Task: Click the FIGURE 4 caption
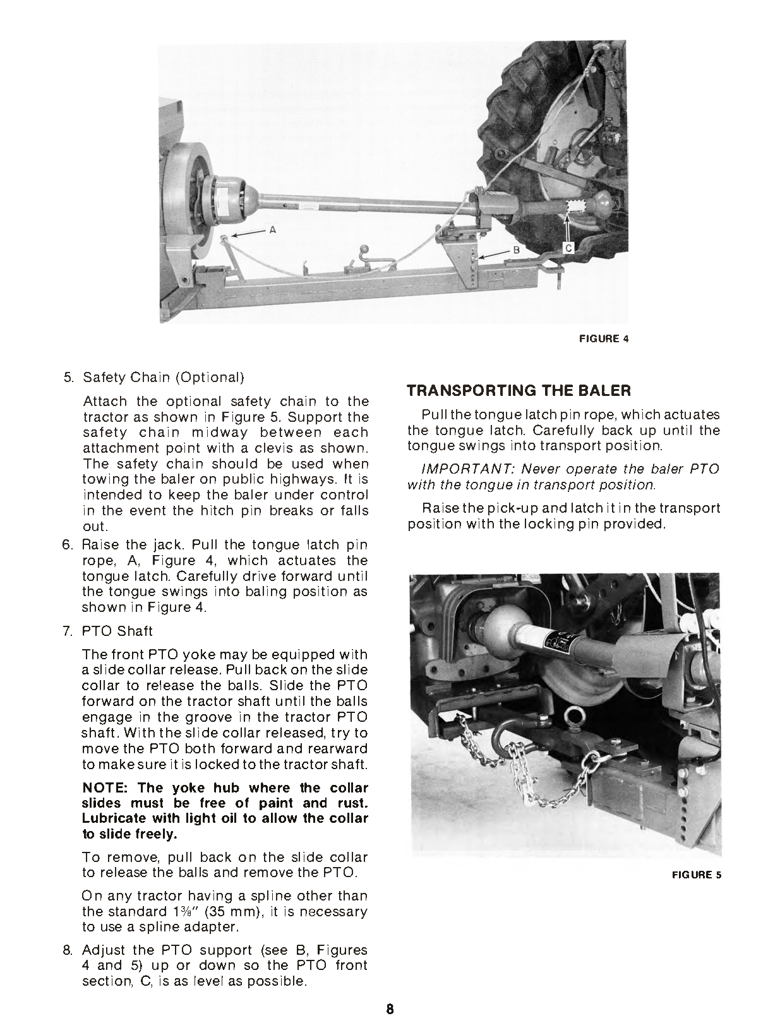tap(604, 338)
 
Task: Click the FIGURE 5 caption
tap(697, 875)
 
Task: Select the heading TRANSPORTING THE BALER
tap(519, 390)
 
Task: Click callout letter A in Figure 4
tap(273, 230)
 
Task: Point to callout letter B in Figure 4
tap(515, 251)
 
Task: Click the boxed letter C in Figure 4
tap(568, 248)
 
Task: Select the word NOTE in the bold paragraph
tap(104, 788)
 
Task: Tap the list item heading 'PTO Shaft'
tap(117, 631)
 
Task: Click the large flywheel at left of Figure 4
tap(183, 202)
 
